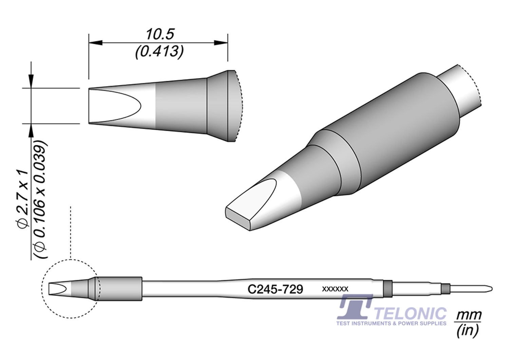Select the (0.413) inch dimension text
(x=159, y=52)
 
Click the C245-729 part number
(x=275, y=289)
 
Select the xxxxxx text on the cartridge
(x=335, y=289)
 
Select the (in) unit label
(x=468, y=330)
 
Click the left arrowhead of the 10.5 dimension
(x=95, y=43)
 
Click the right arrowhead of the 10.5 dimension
(x=221, y=43)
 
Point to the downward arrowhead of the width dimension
(x=31, y=81)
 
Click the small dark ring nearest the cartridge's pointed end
(x=445, y=289)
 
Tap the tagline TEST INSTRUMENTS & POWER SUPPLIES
(x=391, y=323)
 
